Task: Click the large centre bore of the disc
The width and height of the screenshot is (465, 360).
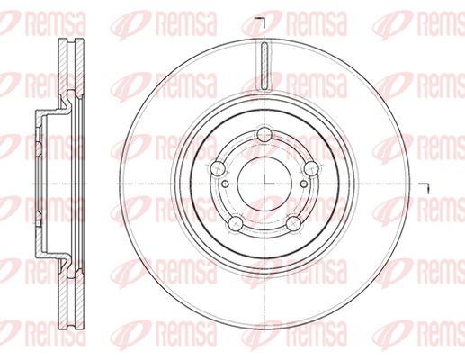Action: pos(264,184)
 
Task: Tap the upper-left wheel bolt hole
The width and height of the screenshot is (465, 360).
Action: pos(218,169)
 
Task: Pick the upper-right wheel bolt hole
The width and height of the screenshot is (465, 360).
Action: pos(311,168)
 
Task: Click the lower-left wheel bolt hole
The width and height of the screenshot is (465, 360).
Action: pos(236,223)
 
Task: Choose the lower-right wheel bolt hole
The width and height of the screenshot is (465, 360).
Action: pos(293,223)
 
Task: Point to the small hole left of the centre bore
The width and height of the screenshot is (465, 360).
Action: pos(226,184)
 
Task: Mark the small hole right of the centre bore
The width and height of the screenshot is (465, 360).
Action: pos(304,184)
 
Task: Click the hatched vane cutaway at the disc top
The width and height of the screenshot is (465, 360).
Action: pos(264,66)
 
